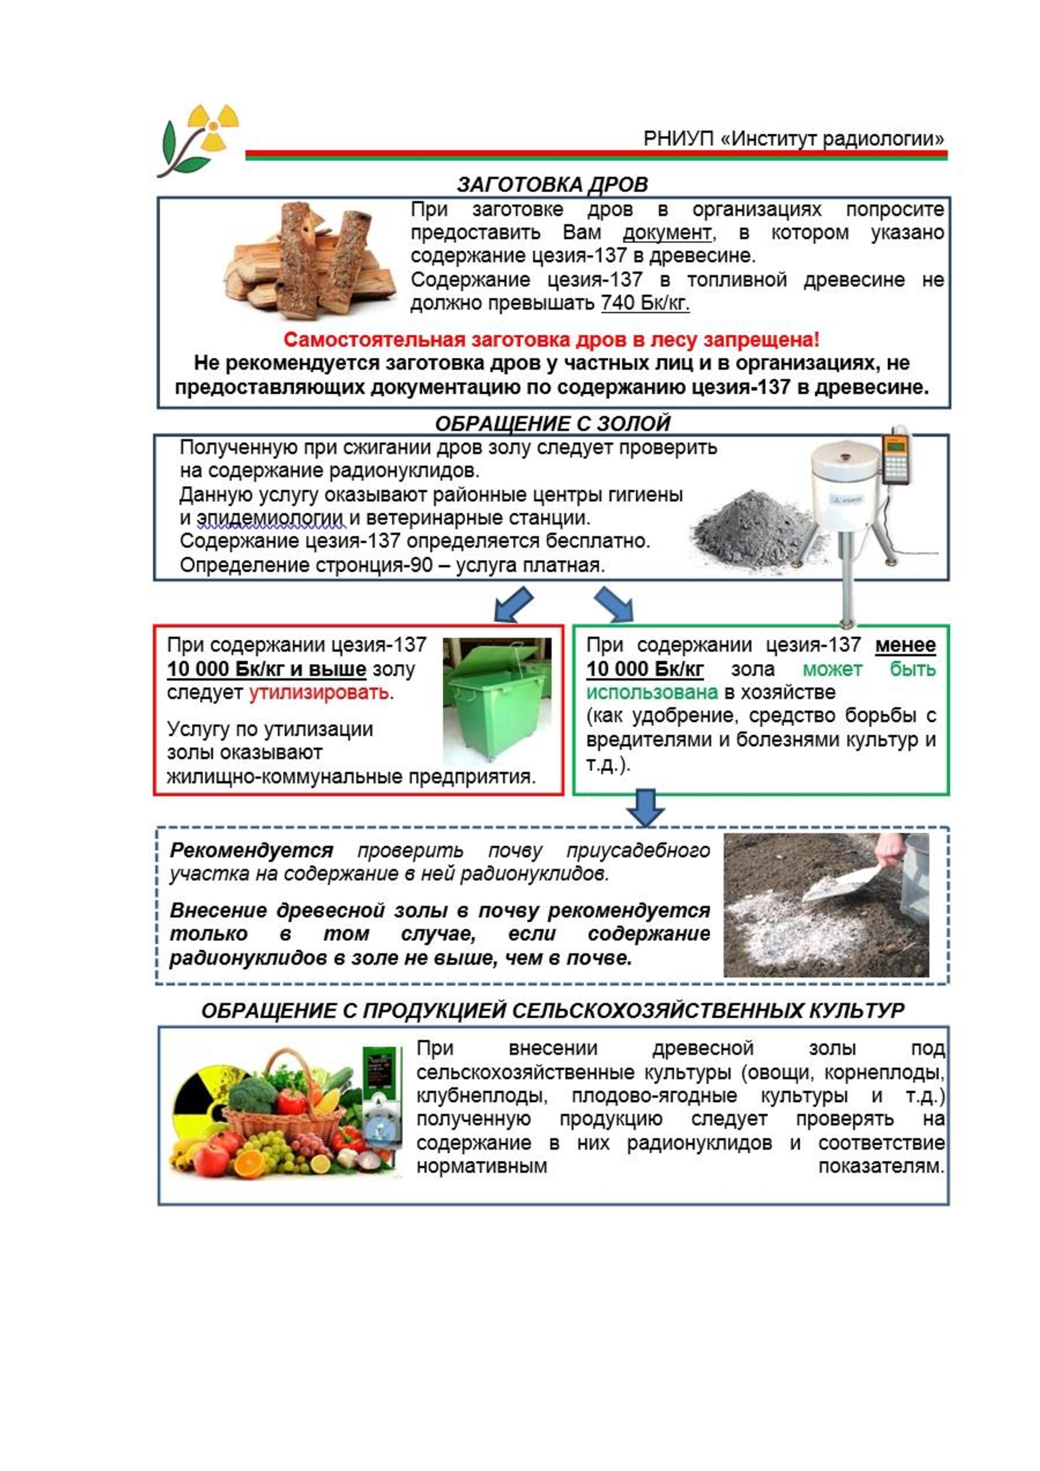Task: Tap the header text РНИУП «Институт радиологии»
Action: pos(794,138)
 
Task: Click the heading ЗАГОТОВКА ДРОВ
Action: pos(552,184)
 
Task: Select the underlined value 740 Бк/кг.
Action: pos(645,303)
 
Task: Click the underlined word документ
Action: pos(667,233)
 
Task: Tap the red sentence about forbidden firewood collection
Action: pos(551,339)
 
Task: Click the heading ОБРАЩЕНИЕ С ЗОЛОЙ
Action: pos(552,423)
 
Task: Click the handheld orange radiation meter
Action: pos(896,457)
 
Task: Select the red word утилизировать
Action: pos(318,692)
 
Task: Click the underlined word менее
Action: pos(905,645)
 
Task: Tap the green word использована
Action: pos(652,692)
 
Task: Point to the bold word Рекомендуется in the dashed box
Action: pos(251,851)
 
